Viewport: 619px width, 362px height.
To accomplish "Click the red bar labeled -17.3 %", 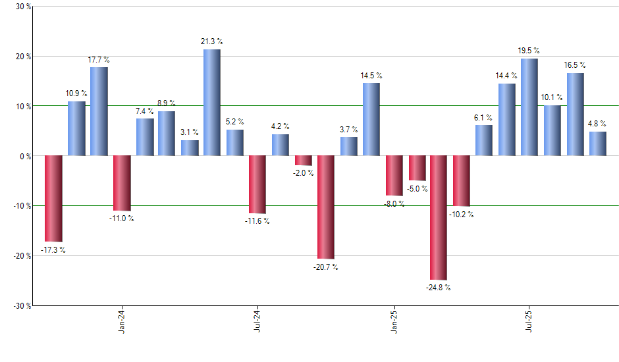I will [53, 198].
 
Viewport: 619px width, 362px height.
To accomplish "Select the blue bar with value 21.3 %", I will [211, 103].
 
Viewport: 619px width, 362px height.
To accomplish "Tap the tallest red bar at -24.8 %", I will [439, 218].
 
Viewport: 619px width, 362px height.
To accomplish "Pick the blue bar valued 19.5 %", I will [529, 107].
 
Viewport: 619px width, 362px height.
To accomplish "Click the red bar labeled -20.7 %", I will [325, 207].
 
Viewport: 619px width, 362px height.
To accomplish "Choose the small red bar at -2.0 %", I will [303, 161].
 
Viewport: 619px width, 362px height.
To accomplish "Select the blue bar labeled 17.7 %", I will [99, 111].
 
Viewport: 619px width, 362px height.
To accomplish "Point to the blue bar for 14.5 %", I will [371, 119].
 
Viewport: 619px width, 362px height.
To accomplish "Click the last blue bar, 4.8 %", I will [597, 143].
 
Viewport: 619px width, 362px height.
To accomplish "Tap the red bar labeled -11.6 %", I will [257, 185].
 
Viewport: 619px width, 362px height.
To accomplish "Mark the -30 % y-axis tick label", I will [22, 305].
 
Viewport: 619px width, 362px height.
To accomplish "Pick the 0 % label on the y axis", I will [26, 156].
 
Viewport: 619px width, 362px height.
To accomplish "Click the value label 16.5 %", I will [575, 65].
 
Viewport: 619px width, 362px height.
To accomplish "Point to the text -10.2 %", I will [462, 215].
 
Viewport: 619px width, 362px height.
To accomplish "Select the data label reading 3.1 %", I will [189, 132].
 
